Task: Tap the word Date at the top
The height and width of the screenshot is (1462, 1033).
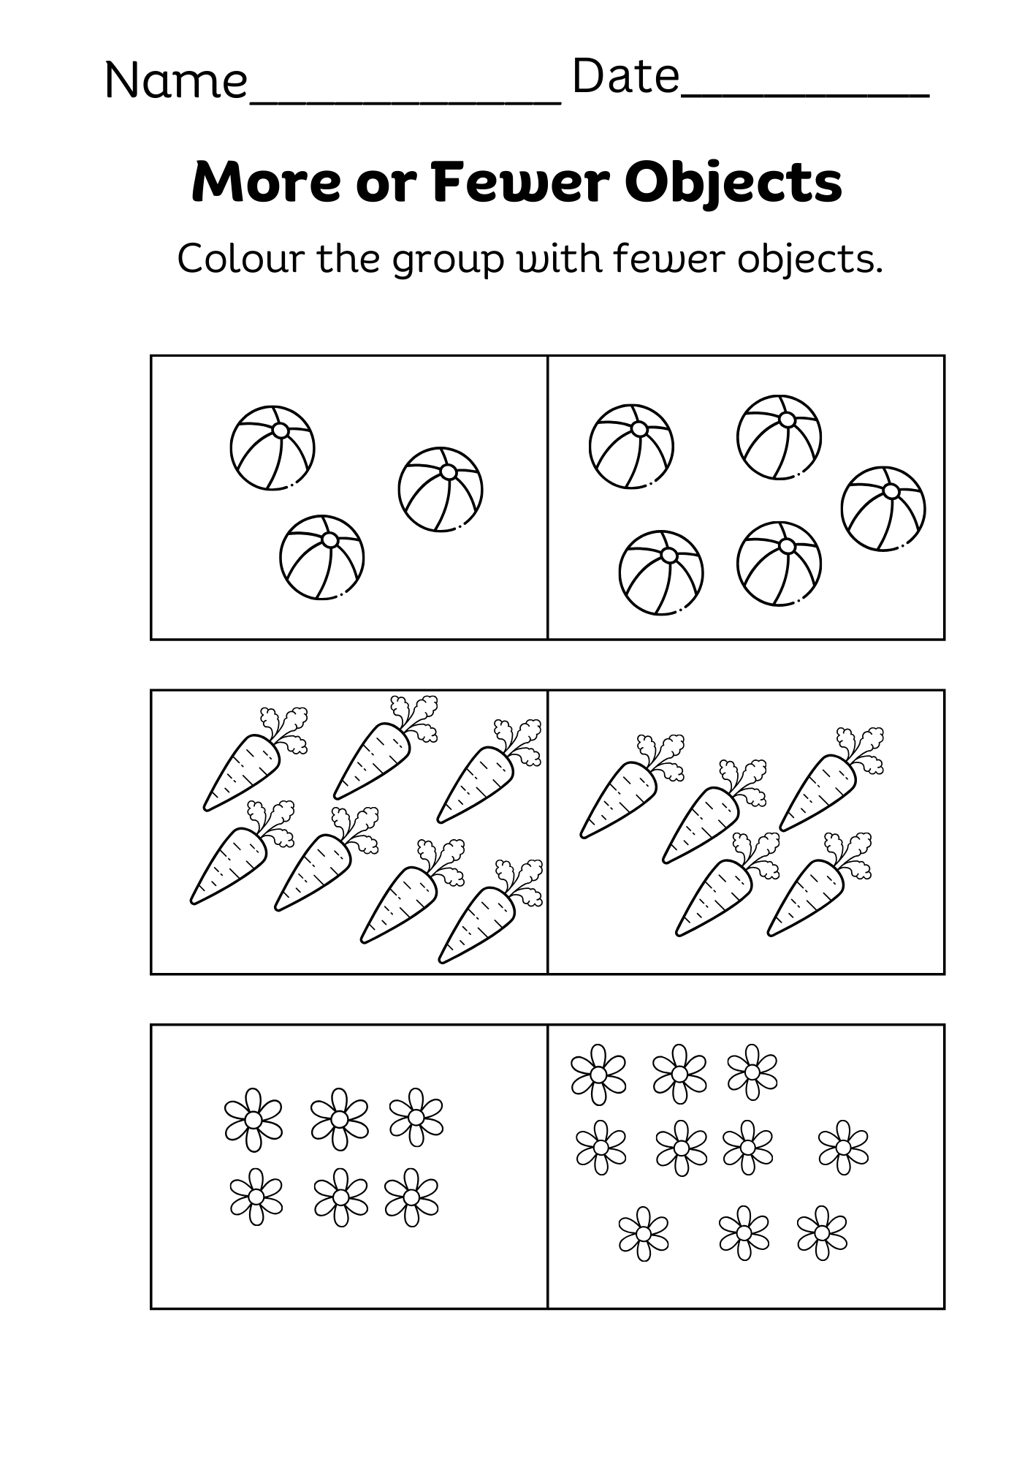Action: point(625,77)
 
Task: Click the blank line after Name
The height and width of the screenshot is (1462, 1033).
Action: point(405,99)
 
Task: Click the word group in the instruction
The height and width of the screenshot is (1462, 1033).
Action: point(448,262)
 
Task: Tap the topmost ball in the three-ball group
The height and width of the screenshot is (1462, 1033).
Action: point(272,447)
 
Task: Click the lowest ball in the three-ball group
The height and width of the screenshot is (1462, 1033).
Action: point(321,557)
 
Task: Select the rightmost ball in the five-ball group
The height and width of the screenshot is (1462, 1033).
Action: point(883,508)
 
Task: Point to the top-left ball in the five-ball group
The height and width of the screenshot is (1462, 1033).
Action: point(631,446)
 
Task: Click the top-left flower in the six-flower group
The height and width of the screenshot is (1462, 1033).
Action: point(253,1119)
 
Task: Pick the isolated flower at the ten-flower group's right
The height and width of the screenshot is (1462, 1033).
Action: point(843,1147)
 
